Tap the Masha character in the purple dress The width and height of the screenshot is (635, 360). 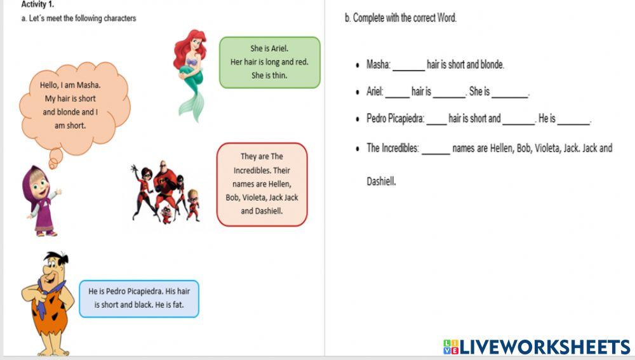(39, 200)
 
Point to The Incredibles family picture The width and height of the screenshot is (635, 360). (166, 190)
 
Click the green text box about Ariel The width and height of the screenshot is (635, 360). (269, 62)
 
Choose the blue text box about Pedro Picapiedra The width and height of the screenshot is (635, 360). (139, 298)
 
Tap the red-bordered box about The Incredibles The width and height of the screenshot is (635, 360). (262, 184)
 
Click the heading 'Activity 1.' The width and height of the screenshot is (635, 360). (37, 4)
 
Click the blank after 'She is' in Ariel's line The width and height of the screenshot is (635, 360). (510, 93)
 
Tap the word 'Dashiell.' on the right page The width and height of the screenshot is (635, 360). (381, 182)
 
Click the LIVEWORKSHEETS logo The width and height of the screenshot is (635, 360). (537, 347)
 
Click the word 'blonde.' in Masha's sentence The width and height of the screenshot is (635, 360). (491, 65)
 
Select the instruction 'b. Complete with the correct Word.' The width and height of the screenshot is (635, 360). (401, 18)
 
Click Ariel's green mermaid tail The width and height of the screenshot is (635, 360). (190, 102)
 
